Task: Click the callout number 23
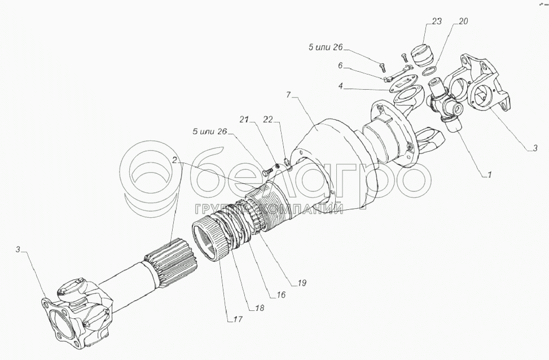436,21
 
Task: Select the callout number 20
463,21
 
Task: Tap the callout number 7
288,95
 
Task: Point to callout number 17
238,319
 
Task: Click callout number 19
302,282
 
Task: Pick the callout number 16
281,295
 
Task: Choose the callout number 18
260,308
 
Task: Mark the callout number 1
490,174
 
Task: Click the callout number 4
341,86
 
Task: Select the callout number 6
340,65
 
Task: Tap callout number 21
244,120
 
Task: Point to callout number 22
268,120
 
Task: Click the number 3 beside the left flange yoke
17,249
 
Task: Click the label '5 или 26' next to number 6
326,47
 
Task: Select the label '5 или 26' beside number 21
209,131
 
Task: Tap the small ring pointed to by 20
429,72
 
